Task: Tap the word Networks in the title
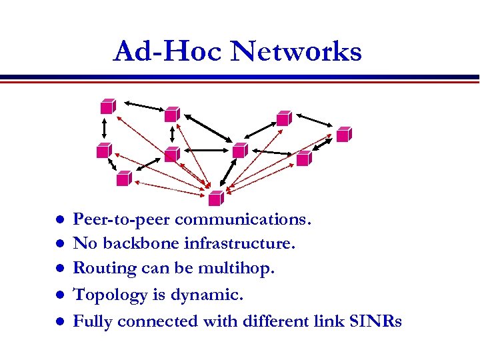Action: click(x=296, y=51)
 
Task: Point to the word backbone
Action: click(x=139, y=244)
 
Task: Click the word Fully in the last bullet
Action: click(x=91, y=321)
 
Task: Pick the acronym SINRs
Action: click(x=375, y=321)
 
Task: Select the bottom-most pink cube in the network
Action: click(x=215, y=198)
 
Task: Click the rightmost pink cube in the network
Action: click(x=343, y=134)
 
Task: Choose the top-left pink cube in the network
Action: click(x=106, y=106)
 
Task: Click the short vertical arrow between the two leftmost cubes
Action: click(x=104, y=127)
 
